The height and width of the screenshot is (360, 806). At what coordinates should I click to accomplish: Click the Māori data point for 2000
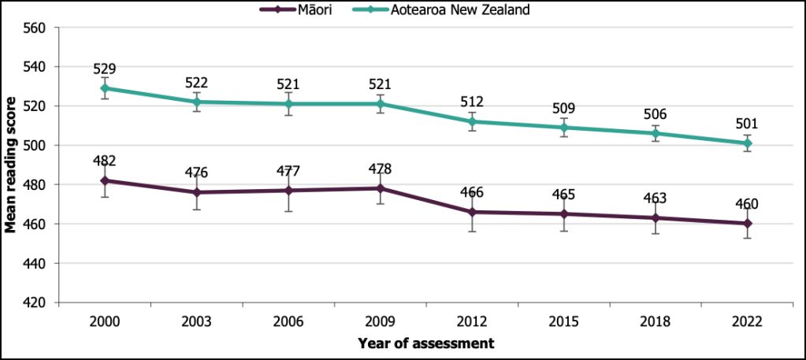[x=105, y=180]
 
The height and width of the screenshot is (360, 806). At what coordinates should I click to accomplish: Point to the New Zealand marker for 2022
[x=748, y=143]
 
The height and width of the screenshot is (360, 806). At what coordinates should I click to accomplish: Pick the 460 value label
[x=748, y=205]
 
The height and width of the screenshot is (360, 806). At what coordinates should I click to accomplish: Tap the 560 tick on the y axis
[x=36, y=28]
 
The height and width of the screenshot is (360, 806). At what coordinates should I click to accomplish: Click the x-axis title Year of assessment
[x=426, y=343]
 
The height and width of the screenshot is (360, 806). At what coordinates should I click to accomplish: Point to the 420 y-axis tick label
[x=36, y=302]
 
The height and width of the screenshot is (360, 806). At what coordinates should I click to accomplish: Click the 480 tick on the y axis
[x=36, y=185]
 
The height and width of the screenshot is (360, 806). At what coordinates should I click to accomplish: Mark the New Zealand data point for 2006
[x=288, y=104]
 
